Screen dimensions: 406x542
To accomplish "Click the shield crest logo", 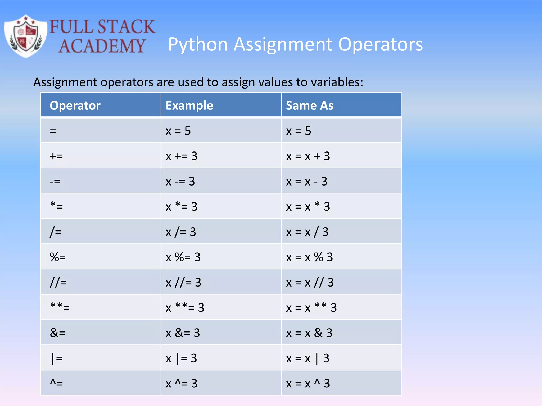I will click(x=26, y=36).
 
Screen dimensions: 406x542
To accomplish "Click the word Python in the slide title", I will click(x=198, y=44).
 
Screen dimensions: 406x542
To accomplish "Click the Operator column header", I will click(x=75, y=105).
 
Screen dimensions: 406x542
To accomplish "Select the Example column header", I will click(x=189, y=105).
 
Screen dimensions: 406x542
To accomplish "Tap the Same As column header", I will click(x=309, y=105).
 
